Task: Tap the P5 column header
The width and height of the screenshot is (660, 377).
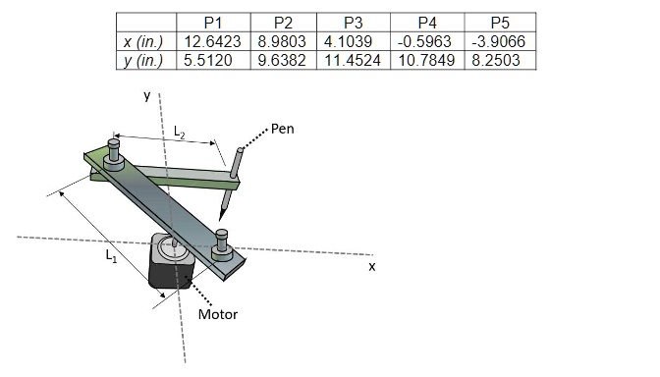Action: [498, 22]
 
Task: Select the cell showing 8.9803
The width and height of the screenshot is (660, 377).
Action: [283, 41]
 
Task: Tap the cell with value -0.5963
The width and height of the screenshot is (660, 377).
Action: [427, 41]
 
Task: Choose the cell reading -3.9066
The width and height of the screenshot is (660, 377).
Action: [498, 41]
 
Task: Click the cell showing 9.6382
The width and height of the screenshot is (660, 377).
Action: [283, 61]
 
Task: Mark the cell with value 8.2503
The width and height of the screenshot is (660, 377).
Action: [498, 61]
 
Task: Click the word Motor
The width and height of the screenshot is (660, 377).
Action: [217, 315]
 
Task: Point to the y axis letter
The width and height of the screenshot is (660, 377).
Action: [146, 95]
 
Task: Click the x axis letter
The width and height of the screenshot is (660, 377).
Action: [371, 266]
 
